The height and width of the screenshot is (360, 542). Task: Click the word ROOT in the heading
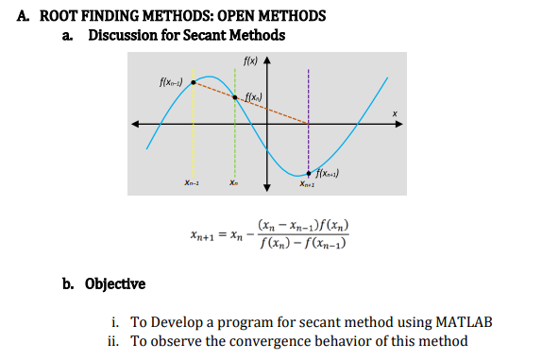point(63,16)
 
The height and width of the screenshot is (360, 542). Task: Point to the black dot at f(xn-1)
point(193,82)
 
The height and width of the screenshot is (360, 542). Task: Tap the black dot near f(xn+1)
point(309,174)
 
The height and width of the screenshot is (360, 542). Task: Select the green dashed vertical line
point(235,142)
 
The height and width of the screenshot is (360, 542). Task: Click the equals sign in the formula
point(224,236)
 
